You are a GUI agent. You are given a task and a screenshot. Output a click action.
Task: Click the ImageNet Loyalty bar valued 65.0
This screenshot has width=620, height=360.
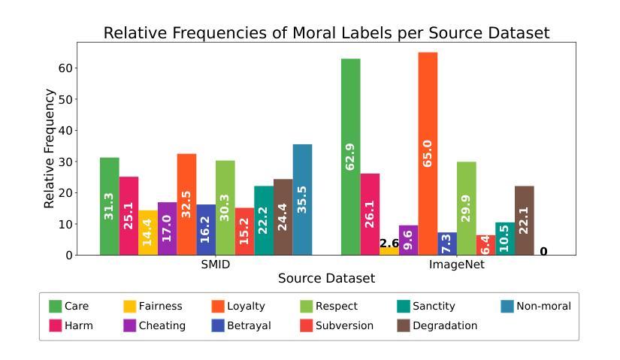click(x=428, y=153)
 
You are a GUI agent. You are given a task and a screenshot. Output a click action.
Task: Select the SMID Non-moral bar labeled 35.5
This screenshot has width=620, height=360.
click(x=302, y=199)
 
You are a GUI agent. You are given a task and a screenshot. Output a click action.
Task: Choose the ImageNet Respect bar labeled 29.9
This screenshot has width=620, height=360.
click(x=466, y=208)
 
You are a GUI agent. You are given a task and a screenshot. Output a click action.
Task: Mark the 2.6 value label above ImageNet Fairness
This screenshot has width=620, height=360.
click(x=389, y=244)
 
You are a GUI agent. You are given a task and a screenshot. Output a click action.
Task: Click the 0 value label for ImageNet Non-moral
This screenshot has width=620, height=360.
click(x=543, y=251)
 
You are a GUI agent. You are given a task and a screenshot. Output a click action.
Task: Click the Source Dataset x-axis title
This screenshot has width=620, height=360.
click(x=326, y=279)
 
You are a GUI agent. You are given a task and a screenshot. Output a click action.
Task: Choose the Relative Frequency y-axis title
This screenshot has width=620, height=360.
click(x=50, y=149)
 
